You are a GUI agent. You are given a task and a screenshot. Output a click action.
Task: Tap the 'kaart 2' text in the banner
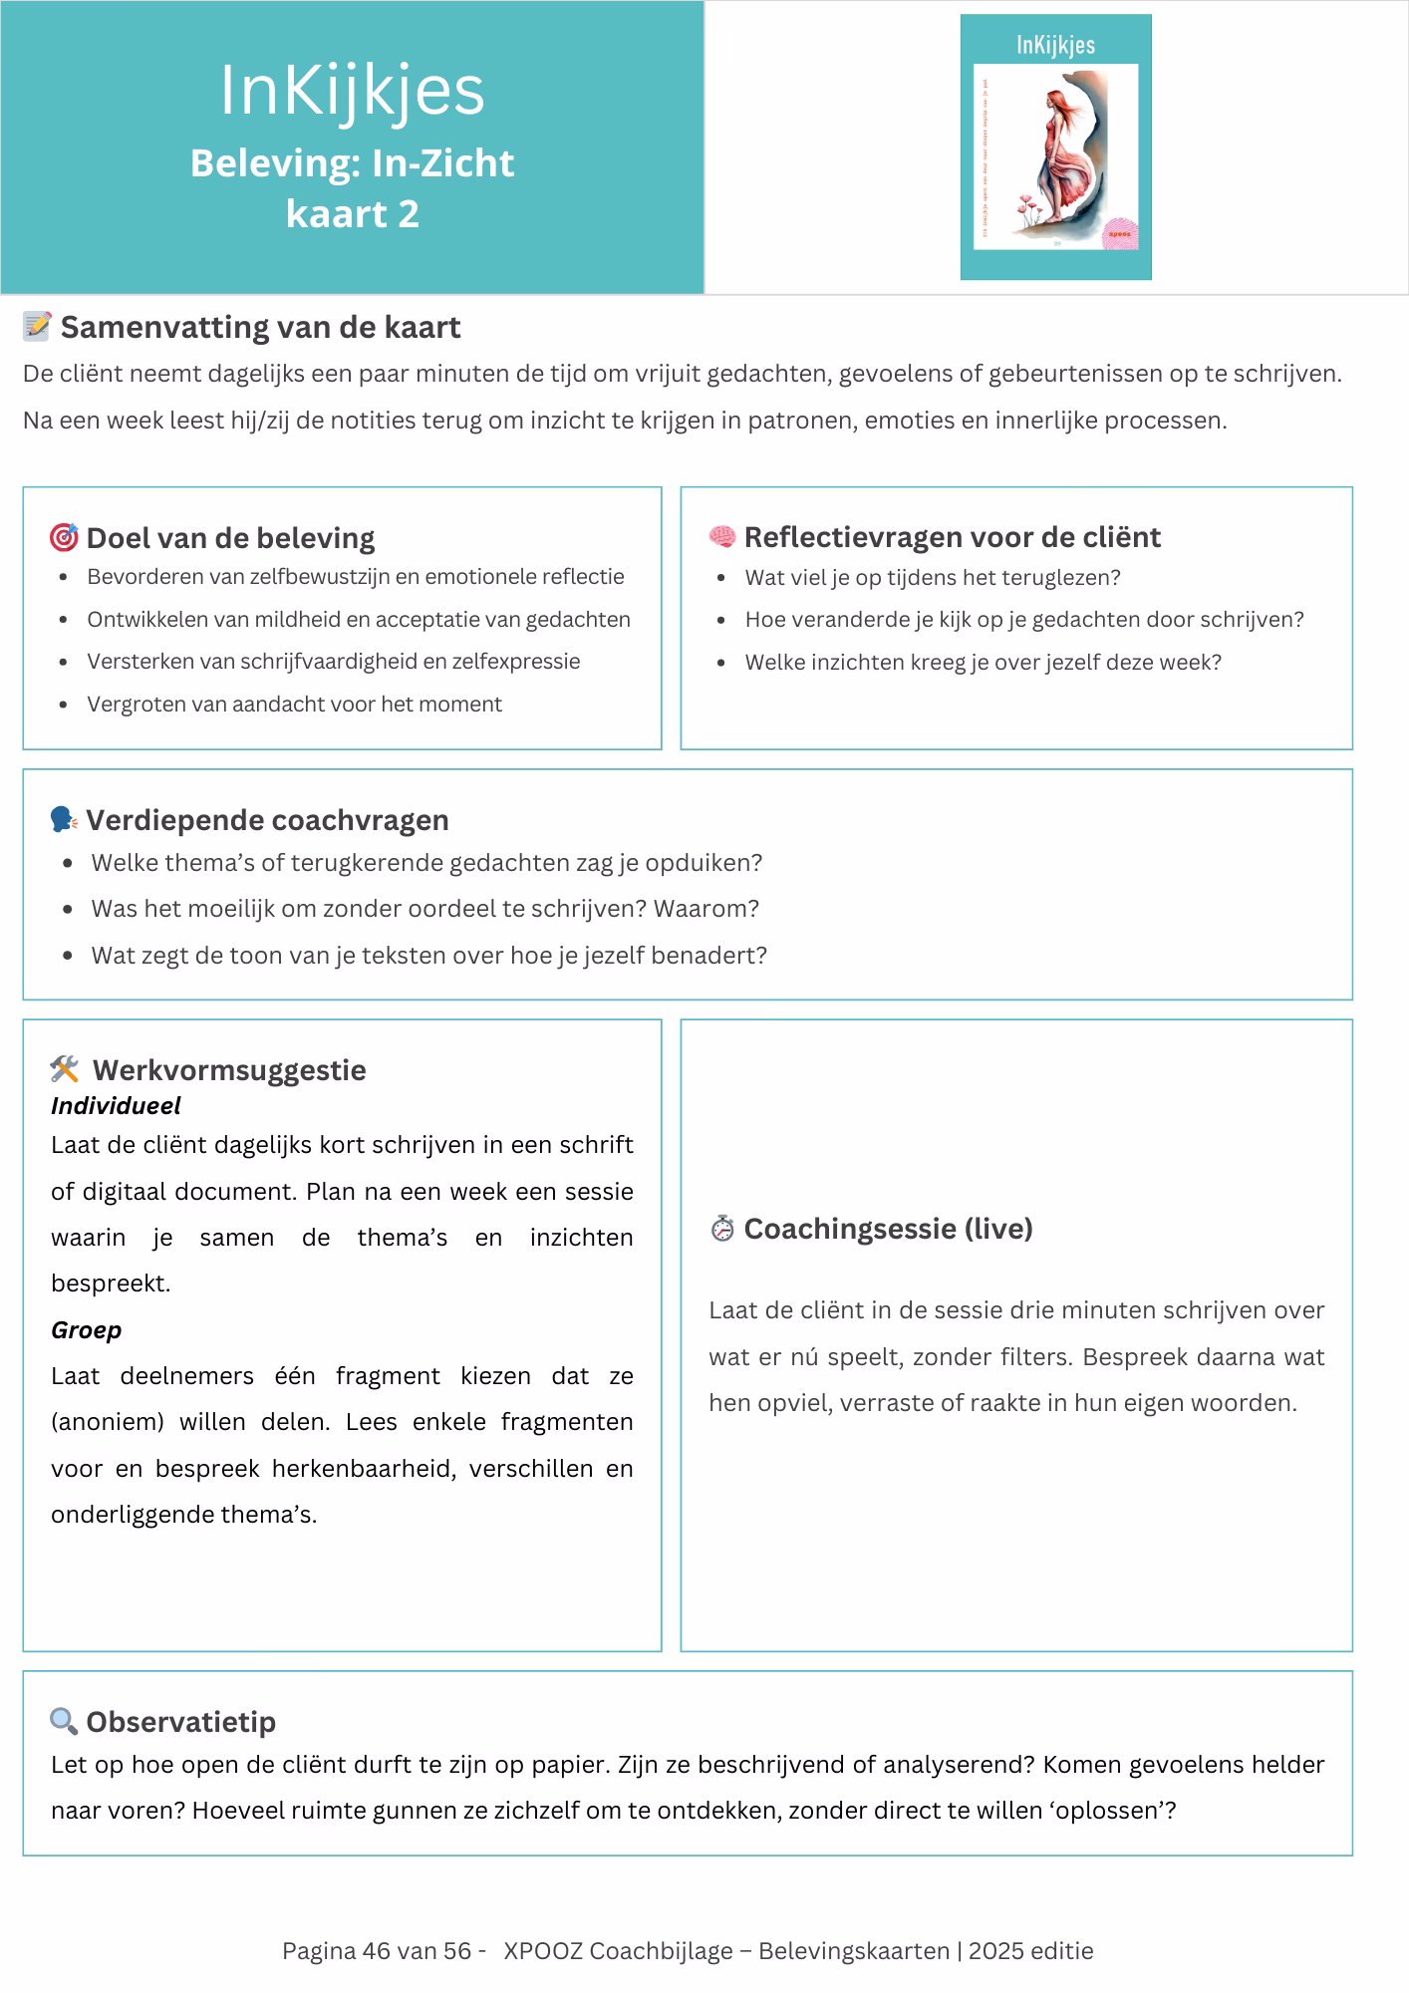click(352, 214)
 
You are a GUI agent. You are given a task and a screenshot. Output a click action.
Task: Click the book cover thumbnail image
click(1055, 146)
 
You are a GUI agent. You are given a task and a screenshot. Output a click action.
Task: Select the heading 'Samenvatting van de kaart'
click(260, 328)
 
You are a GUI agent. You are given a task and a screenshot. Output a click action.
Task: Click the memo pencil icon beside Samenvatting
click(37, 326)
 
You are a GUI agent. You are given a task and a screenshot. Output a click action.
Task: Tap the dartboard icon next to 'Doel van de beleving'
click(64, 538)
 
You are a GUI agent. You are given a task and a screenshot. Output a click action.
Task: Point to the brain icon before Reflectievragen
click(721, 537)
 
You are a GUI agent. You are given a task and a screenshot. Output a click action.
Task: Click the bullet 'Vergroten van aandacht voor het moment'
click(294, 705)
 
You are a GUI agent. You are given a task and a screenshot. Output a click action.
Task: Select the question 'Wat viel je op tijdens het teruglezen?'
click(932, 578)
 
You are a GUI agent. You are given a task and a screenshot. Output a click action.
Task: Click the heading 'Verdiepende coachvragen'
click(267, 820)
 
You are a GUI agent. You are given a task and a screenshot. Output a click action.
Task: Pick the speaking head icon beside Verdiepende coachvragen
click(64, 820)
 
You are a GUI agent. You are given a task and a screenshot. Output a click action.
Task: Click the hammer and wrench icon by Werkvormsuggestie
click(65, 1069)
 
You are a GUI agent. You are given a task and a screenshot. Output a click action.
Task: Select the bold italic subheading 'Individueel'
click(116, 1106)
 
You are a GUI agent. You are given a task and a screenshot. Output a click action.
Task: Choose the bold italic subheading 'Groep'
click(87, 1330)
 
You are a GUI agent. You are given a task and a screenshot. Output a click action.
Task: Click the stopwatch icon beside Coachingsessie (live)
click(721, 1229)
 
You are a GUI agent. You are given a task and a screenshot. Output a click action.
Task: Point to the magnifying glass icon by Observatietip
click(64, 1721)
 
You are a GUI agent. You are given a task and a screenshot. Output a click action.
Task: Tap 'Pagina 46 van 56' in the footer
click(377, 1951)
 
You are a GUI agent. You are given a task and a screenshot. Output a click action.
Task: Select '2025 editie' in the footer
click(1030, 1951)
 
